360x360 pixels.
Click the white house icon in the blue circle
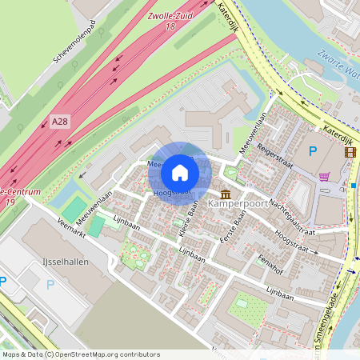pyautogui.click(x=180, y=173)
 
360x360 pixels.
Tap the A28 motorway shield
pyautogui.click(x=59, y=121)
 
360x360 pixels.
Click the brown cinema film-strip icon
pyautogui.click(x=350, y=151)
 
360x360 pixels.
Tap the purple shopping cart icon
pyautogui.click(x=324, y=176)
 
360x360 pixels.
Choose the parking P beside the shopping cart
pyautogui.click(x=313, y=150)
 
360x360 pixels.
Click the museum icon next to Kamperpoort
pyautogui.click(x=226, y=194)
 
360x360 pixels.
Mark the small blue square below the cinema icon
pyautogui.click(x=353, y=186)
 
